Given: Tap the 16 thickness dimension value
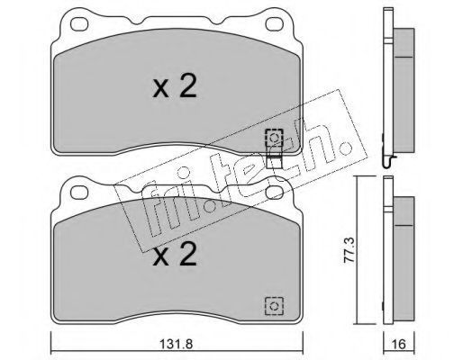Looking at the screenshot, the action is [x=399, y=344].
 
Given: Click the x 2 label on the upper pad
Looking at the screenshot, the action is [x=175, y=86].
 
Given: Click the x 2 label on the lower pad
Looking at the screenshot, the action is [x=175, y=255].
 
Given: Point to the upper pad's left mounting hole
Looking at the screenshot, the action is [x=79, y=24].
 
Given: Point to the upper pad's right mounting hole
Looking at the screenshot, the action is [x=275, y=24].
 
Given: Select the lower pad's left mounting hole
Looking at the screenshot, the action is [x=79, y=193].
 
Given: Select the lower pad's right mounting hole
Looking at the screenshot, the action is [x=275, y=193].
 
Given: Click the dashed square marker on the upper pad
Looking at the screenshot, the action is [x=274, y=138].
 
